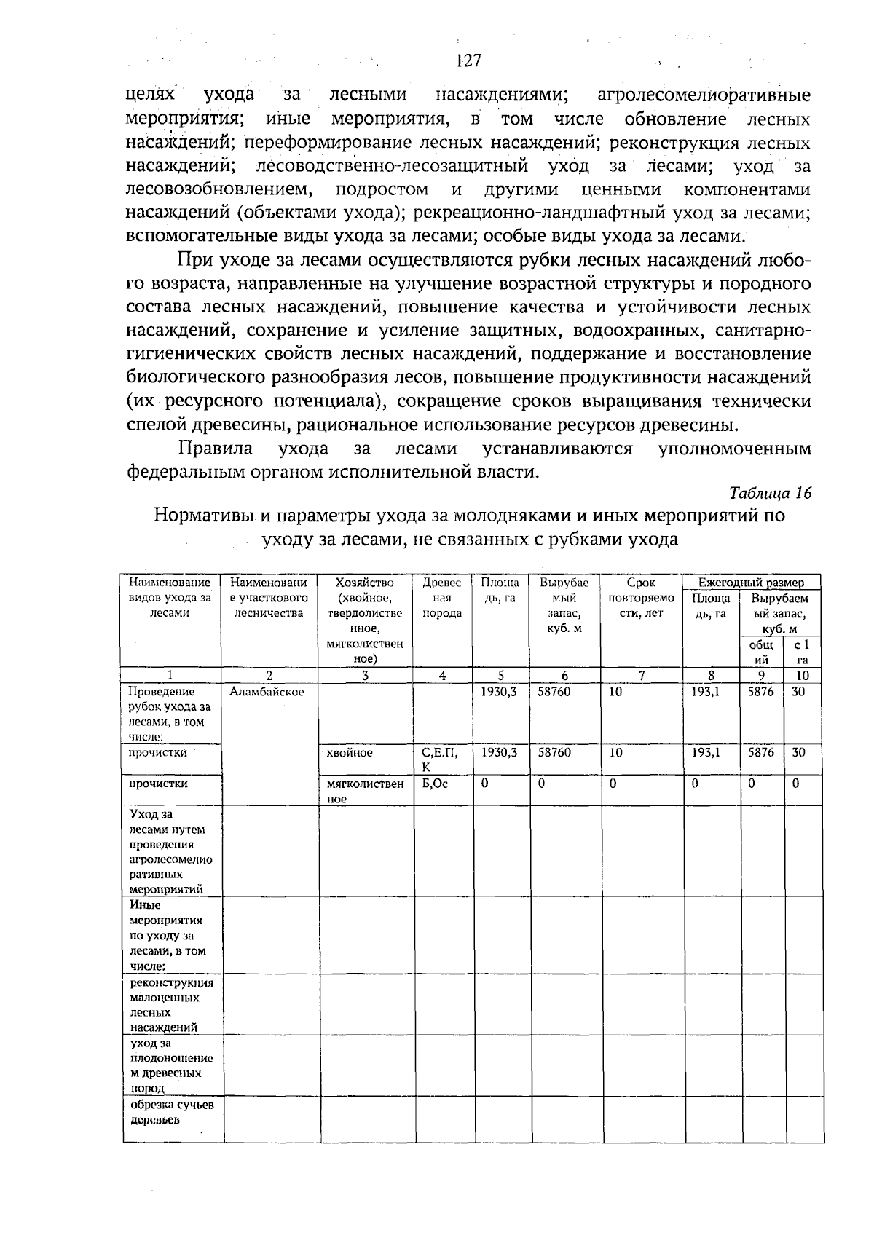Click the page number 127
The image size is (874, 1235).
tap(468, 60)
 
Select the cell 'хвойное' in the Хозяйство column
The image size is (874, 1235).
tap(350, 753)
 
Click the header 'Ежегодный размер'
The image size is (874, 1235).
tap(751, 583)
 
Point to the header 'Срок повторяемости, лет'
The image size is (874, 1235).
tap(641, 598)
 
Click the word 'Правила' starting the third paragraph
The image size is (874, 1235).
tap(216, 449)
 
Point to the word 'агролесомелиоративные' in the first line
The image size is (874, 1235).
tap(703, 95)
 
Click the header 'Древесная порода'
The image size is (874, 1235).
tap(442, 598)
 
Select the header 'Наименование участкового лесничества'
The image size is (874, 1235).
tap(269, 598)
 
